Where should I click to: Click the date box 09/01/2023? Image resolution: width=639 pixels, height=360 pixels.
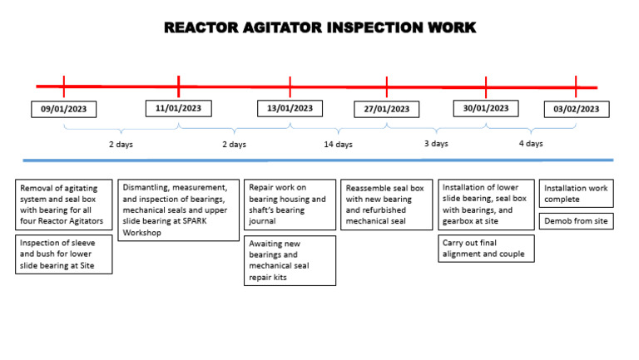click(x=64, y=109)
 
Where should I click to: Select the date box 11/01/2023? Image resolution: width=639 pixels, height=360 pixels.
click(x=178, y=108)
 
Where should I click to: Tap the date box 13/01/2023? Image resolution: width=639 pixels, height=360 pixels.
click(x=290, y=108)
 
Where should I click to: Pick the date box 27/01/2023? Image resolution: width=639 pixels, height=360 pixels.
click(x=387, y=109)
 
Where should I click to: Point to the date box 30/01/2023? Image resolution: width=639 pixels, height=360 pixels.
click(x=486, y=108)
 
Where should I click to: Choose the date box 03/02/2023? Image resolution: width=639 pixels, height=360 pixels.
click(x=577, y=109)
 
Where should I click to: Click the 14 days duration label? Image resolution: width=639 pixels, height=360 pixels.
click(x=338, y=145)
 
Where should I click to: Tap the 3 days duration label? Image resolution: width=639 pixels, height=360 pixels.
click(x=436, y=144)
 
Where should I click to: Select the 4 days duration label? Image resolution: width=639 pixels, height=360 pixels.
click(x=531, y=144)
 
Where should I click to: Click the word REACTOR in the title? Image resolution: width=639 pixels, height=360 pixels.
click(x=202, y=27)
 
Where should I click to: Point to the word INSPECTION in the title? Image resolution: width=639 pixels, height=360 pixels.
click(x=374, y=27)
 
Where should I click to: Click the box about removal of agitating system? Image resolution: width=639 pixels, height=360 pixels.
click(x=64, y=205)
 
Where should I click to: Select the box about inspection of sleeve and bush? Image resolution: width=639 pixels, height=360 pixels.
click(x=64, y=254)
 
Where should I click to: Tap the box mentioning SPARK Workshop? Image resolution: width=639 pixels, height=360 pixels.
click(x=178, y=210)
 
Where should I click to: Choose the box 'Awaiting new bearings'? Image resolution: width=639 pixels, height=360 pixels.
click(x=290, y=260)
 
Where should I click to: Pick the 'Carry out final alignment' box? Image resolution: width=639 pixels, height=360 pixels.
click(x=487, y=248)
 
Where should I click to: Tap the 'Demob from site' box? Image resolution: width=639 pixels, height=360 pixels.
click(x=577, y=221)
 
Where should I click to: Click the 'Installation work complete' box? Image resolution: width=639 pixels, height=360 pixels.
click(x=577, y=194)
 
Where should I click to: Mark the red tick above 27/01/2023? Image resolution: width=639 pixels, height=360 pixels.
click(x=387, y=86)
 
